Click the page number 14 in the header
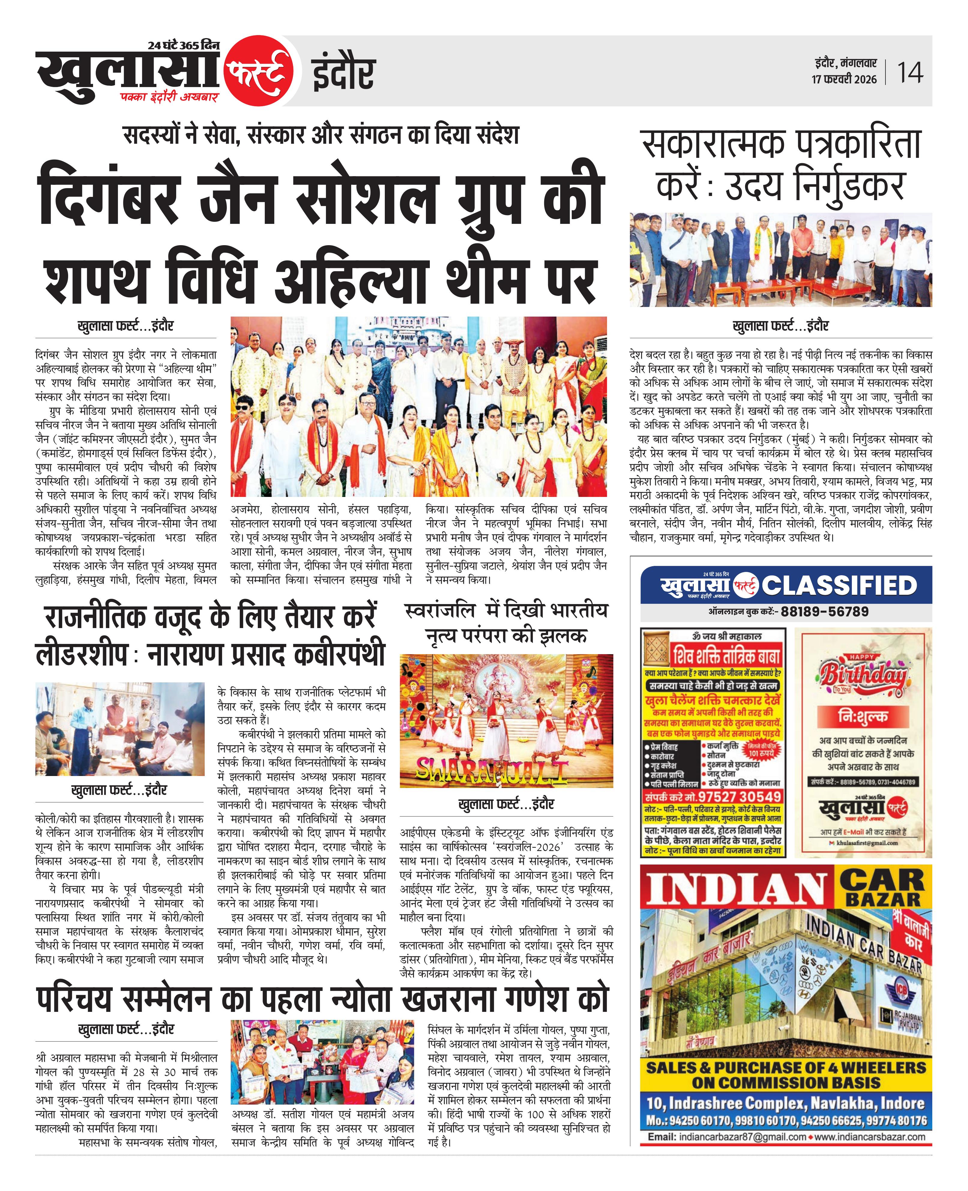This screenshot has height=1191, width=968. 910,72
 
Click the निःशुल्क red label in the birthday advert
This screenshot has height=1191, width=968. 863,716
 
